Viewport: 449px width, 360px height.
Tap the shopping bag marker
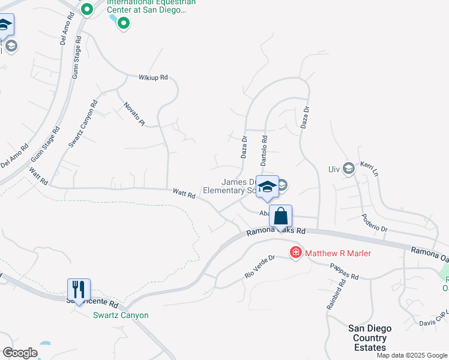click(280, 215)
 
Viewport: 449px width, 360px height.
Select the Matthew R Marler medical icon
click(295, 253)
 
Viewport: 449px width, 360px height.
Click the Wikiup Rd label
click(152, 77)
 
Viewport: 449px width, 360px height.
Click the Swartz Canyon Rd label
click(82, 124)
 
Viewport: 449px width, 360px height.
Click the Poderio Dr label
click(375, 224)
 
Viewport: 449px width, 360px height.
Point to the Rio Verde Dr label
click(259, 266)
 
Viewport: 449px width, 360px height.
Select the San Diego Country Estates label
click(370, 338)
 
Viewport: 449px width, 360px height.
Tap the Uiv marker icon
click(348, 168)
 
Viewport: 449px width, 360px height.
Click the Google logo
click(20, 353)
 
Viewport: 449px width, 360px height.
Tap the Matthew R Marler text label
click(338, 253)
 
